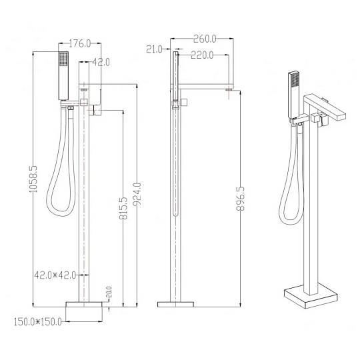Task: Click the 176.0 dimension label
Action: [80, 43]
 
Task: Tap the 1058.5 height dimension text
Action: [33, 179]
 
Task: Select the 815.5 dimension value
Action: [123, 208]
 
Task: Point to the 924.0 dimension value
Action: [137, 194]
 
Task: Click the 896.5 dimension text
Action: [241, 199]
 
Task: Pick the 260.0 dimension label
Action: [205, 39]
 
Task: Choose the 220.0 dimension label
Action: [202, 55]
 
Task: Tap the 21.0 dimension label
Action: [154, 49]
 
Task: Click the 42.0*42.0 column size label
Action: [55, 275]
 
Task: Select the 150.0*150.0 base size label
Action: [38, 321]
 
